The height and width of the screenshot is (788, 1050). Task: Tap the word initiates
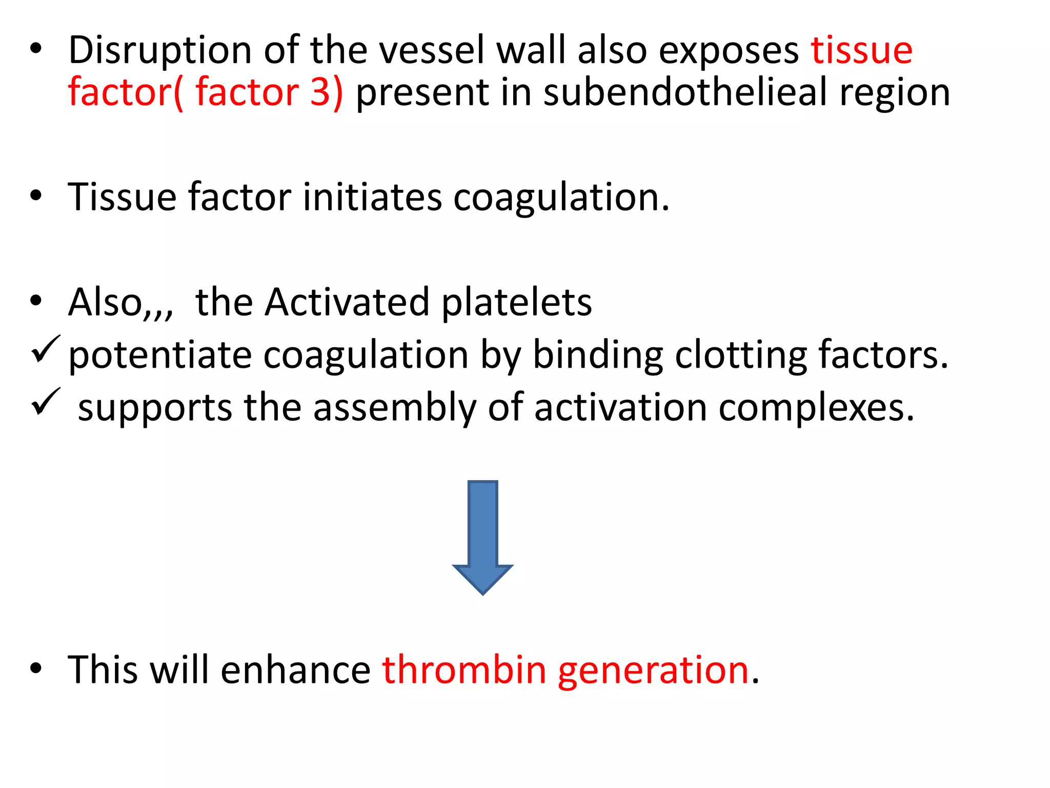(x=372, y=197)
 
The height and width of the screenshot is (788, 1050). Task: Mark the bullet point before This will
(x=35, y=668)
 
